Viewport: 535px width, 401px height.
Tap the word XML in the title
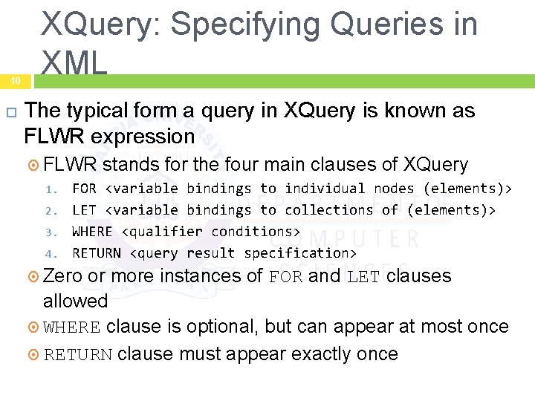tap(74, 63)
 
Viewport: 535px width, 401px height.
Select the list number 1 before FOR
tap(49, 189)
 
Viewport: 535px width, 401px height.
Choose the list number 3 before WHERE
tap(49, 232)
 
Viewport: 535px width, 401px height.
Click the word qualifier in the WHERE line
tap(162, 232)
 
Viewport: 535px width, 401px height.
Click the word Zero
tap(63, 276)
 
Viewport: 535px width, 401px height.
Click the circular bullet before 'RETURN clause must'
tap(33, 354)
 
